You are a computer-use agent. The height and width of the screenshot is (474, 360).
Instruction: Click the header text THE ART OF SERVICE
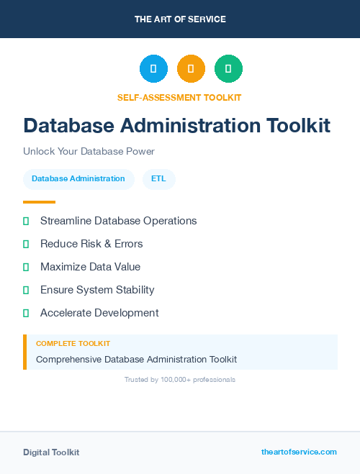click(x=180, y=19)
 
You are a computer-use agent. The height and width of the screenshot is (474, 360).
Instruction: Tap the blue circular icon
click(x=153, y=69)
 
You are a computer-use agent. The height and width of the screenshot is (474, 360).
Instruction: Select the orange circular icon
click(x=191, y=69)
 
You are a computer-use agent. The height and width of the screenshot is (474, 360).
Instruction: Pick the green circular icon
click(x=228, y=69)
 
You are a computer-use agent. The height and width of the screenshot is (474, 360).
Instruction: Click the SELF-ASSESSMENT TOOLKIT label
click(x=179, y=97)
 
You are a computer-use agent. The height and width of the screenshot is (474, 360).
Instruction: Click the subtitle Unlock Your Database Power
click(x=89, y=152)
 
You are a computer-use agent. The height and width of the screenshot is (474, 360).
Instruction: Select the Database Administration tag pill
click(x=78, y=179)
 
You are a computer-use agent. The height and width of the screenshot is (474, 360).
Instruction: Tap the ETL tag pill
click(x=158, y=179)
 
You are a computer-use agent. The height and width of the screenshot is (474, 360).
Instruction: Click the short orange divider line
click(x=39, y=202)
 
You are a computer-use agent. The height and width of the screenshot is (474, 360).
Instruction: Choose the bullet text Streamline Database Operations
click(x=118, y=221)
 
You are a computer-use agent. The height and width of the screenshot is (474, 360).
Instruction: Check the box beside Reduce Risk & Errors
click(x=26, y=244)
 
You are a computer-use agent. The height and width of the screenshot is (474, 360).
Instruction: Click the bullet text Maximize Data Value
click(x=90, y=267)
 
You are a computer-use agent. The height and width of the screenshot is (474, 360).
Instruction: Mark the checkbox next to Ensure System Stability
click(x=26, y=290)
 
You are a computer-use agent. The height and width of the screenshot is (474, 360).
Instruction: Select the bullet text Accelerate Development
click(x=99, y=313)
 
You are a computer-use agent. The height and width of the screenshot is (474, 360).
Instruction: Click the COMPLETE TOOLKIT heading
click(x=73, y=344)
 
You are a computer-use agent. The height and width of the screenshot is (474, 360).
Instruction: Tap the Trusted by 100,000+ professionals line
click(x=180, y=379)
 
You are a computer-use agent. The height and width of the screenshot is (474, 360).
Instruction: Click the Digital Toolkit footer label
click(x=51, y=452)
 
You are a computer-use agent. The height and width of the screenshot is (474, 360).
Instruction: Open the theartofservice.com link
click(x=299, y=452)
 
